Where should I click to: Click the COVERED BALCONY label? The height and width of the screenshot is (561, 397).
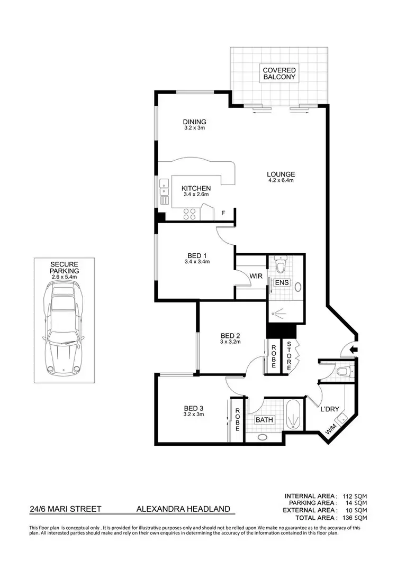tap(279, 73)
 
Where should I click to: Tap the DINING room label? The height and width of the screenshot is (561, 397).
tap(194, 122)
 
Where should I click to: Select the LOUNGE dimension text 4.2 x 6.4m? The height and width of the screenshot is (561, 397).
tap(281, 181)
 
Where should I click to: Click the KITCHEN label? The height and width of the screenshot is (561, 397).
tap(196, 189)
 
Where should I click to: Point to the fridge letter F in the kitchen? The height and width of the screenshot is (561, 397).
tap(223, 213)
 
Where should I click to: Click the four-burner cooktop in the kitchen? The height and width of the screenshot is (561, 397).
tap(190, 213)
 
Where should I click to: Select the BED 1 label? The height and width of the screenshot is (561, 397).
tap(197, 255)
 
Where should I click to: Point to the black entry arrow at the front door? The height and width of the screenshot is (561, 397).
tap(354, 349)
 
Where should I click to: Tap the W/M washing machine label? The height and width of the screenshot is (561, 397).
tap(331, 431)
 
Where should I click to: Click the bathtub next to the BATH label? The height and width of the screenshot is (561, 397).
tap(293, 415)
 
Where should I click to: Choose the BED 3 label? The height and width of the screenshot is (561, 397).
tap(194, 408)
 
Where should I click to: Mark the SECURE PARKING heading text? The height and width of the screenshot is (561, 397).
tap(65, 268)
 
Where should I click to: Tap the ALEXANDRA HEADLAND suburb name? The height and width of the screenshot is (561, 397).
tap(184, 509)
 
